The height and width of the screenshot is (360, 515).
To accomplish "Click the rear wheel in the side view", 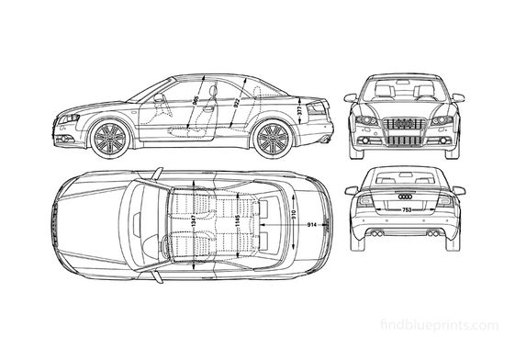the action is pos(272,139).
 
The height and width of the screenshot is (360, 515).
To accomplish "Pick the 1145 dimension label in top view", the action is pos(236,222).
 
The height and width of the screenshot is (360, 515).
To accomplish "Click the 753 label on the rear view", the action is pos(405,211).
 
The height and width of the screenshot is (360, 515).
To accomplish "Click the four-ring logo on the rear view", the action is pos(405,196).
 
